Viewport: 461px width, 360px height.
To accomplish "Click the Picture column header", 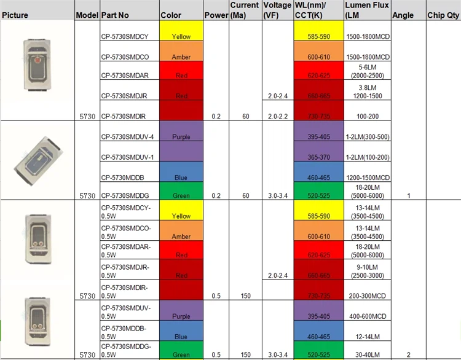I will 15,15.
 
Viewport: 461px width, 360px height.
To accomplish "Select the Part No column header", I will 115,15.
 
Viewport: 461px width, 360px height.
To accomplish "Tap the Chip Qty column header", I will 443,15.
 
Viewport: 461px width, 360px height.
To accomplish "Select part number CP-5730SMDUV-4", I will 127,136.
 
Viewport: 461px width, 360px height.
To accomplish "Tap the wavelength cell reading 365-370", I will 318,157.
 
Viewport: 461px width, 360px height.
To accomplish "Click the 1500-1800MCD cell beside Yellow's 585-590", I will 366,36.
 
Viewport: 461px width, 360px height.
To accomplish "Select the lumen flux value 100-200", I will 366,115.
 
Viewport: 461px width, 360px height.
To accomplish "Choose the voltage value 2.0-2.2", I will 277,115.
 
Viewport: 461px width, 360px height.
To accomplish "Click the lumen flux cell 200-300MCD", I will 366,295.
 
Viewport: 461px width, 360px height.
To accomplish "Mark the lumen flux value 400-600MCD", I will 366,316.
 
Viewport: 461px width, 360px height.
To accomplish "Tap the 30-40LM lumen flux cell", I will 366,354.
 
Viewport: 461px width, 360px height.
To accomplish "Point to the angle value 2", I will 408,354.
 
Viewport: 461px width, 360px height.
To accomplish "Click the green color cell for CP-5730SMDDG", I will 181,190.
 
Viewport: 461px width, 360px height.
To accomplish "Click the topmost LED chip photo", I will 37,60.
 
